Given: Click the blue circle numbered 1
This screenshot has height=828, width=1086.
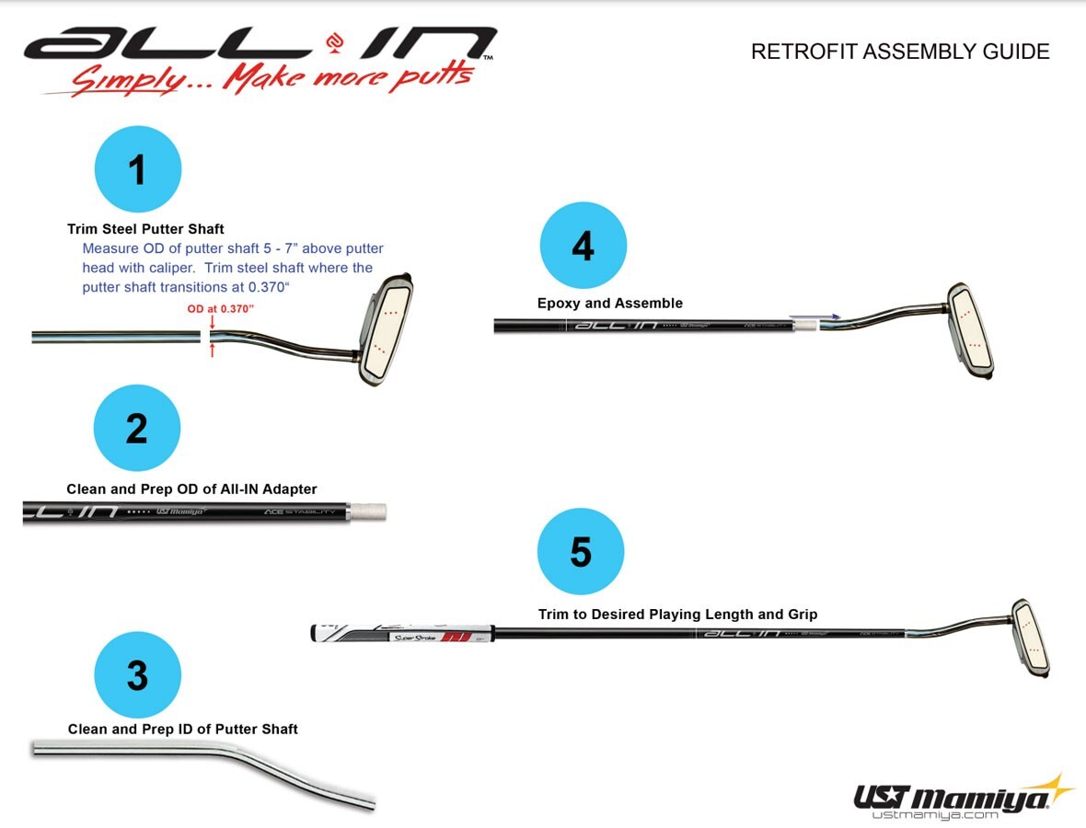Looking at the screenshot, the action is pos(138,170).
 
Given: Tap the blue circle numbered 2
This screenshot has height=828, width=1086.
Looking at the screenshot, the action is pos(137,429).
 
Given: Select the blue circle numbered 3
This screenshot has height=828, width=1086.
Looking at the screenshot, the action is pos(137,675).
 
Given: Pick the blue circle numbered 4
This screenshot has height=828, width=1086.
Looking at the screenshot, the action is pos(583,246).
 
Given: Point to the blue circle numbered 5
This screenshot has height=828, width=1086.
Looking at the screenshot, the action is pos(581,552).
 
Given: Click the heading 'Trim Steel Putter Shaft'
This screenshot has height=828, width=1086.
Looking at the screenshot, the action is pos(145,229).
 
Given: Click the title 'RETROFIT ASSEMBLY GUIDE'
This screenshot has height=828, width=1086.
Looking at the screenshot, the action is pos(900,52).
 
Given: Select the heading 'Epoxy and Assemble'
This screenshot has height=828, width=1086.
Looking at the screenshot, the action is pos(610,304).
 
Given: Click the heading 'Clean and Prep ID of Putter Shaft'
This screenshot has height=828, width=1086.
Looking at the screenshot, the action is pos(183,730).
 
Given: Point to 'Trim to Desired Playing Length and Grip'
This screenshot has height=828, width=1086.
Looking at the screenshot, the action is pos(677,615).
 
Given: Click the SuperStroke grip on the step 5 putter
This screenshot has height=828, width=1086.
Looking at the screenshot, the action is pos(405,634).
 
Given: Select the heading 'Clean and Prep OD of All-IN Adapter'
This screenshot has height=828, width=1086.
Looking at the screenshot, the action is pos(191,489).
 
